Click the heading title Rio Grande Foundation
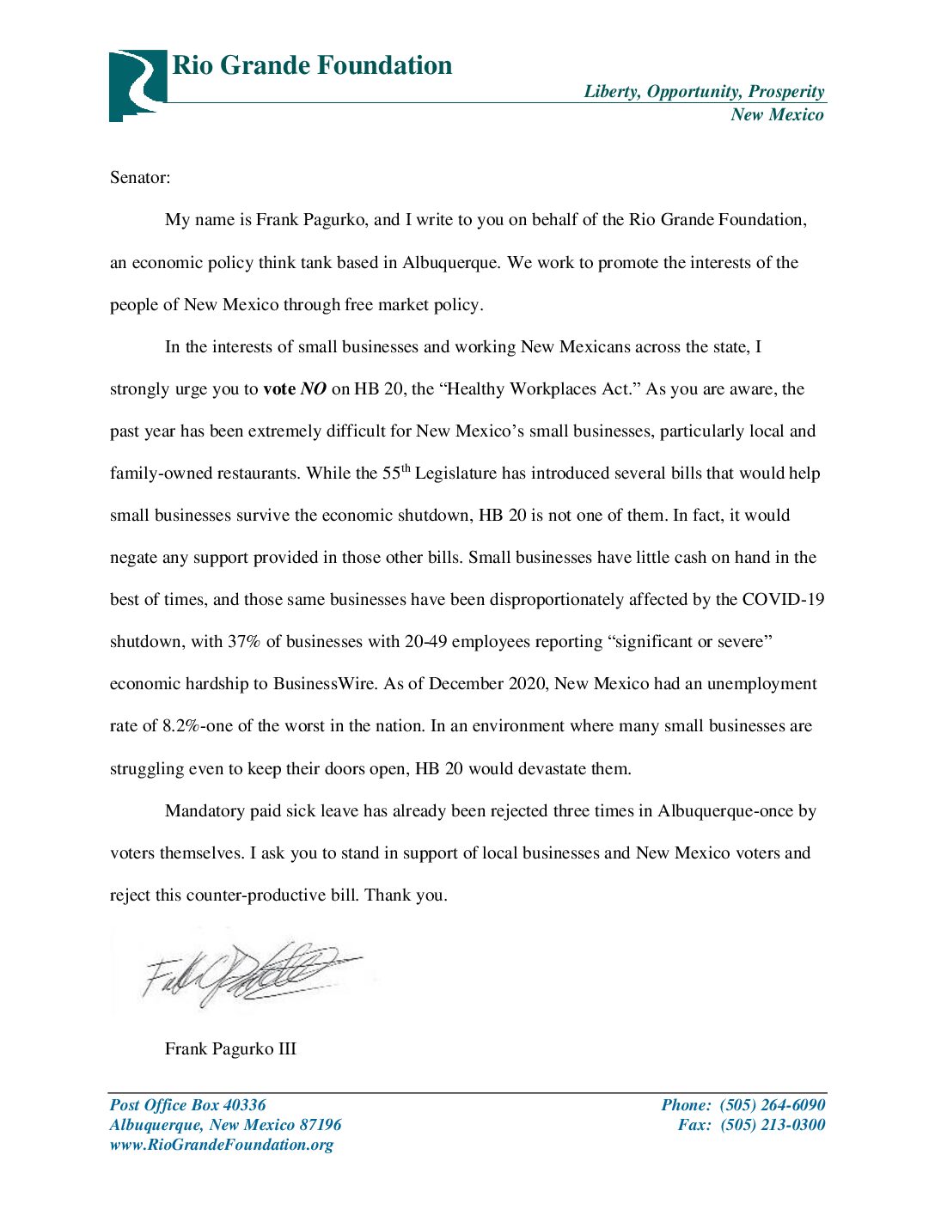(312, 66)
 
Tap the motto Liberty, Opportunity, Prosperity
(704, 92)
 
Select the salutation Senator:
(140, 178)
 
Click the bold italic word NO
(313, 389)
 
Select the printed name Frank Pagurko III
(230, 1049)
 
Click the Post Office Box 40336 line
(187, 1105)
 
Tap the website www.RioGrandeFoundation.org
(221, 1145)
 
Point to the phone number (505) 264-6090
(772, 1105)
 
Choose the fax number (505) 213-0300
(772, 1125)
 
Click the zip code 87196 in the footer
(320, 1125)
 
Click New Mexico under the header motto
(776, 115)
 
